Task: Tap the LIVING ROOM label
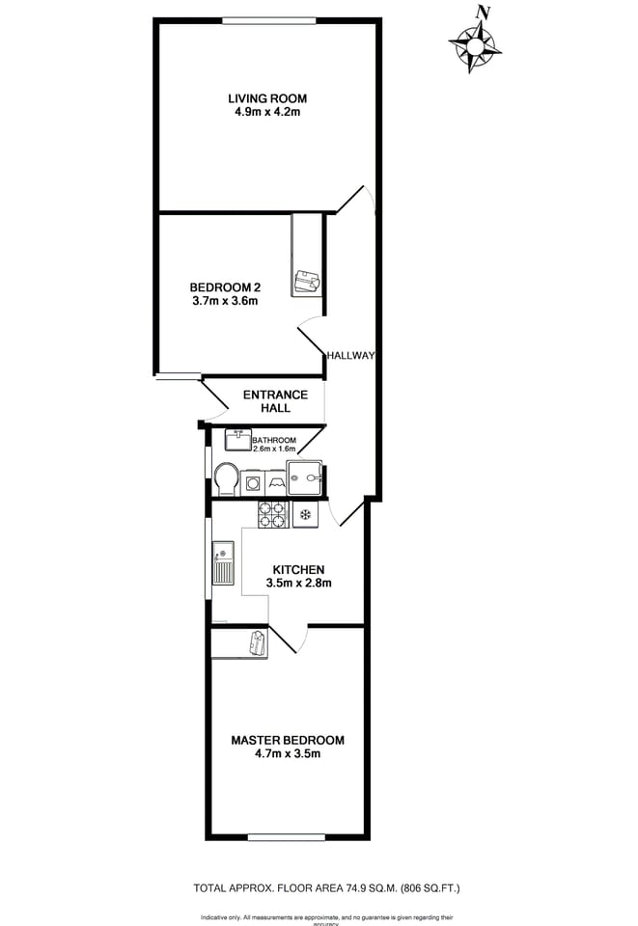267,98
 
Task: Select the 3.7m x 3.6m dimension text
225,301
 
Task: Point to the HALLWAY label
349,355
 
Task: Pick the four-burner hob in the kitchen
273,514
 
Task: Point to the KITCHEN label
298,569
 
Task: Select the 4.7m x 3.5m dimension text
287,754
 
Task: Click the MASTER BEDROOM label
287,741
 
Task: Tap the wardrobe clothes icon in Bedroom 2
307,281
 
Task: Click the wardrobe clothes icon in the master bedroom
257,642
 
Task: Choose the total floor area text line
319,887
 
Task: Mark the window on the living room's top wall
268,19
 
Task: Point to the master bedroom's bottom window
287,836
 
